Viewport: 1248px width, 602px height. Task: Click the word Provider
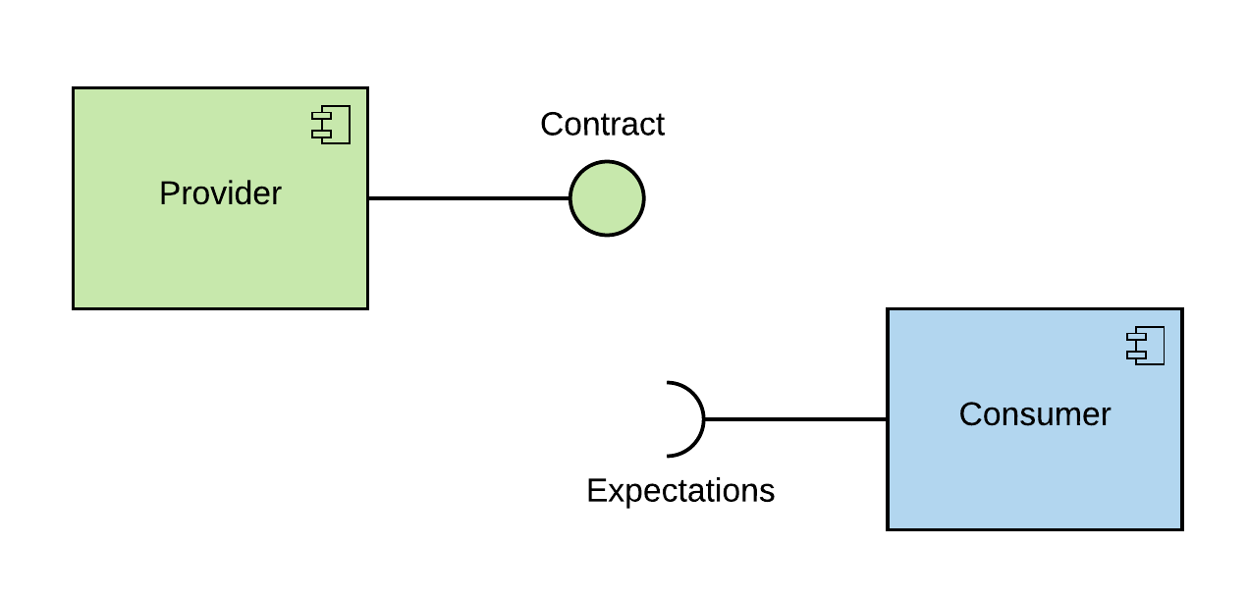click(x=220, y=193)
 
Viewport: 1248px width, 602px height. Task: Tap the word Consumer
click(x=1034, y=414)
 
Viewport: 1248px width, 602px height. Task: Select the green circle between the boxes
click(x=607, y=198)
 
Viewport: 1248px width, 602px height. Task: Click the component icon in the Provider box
click(x=332, y=125)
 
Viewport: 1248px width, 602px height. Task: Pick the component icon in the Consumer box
click(x=1146, y=346)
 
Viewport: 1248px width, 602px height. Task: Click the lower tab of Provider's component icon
click(x=321, y=134)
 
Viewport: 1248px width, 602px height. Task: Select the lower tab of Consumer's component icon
click(x=1136, y=355)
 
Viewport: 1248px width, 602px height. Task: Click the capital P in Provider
click(x=169, y=193)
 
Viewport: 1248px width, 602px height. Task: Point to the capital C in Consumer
click(x=970, y=414)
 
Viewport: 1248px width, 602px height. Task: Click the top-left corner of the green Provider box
click(x=76, y=90)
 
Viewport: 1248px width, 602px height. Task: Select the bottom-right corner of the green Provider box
click(x=365, y=306)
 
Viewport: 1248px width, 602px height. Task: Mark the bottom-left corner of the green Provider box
click(x=76, y=306)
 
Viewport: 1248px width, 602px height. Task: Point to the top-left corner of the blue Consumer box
click(x=891, y=311)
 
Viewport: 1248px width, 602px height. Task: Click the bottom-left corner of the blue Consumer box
click(x=891, y=527)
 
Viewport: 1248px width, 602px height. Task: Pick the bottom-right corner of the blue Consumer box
click(x=1179, y=527)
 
